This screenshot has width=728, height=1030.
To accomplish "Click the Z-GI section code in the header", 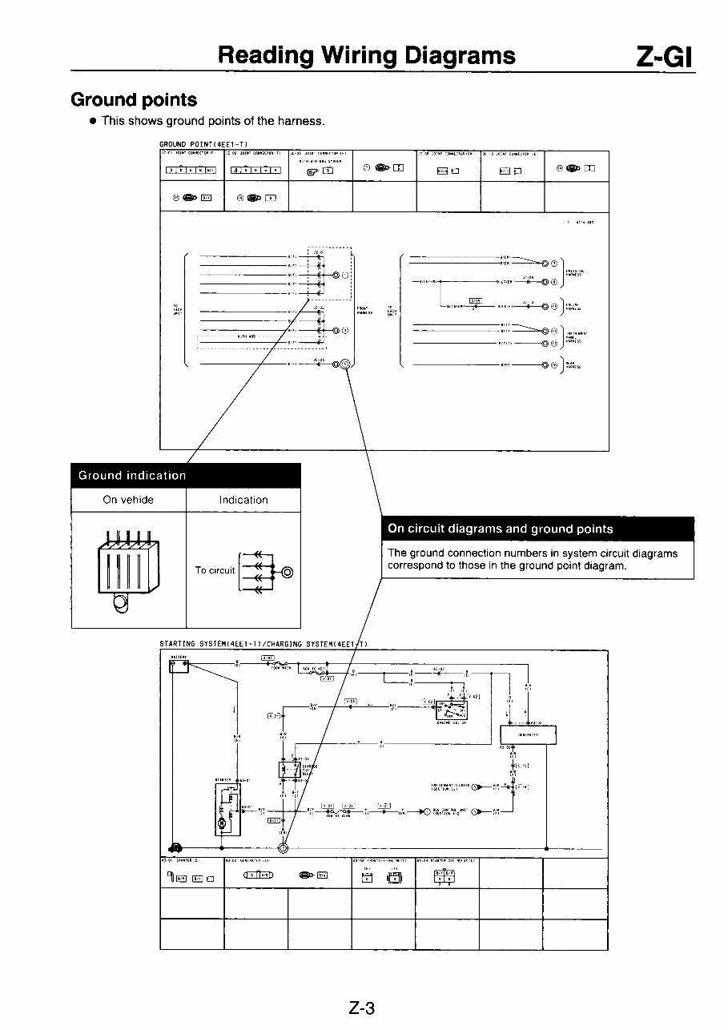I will pyautogui.click(x=664, y=55).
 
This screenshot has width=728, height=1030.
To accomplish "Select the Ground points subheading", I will pyautogui.click(x=134, y=100).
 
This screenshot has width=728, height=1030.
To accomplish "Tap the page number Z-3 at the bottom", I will pyautogui.click(x=362, y=1008).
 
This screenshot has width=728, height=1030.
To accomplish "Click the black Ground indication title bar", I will pyautogui.click(x=186, y=475).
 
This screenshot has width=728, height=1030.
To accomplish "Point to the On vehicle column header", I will pyautogui.click(x=128, y=500).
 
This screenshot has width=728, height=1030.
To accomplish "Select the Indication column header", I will pyautogui.click(x=243, y=500).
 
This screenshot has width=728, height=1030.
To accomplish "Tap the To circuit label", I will pyautogui.click(x=215, y=570).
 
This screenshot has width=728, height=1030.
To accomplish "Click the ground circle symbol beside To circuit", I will pyautogui.click(x=287, y=571).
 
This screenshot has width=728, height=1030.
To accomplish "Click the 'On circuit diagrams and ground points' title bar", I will pyautogui.click(x=537, y=529).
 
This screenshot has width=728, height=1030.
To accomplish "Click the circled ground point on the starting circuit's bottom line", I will pyautogui.click(x=283, y=848).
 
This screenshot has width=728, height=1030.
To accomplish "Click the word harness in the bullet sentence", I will pyautogui.click(x=300, y=121).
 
